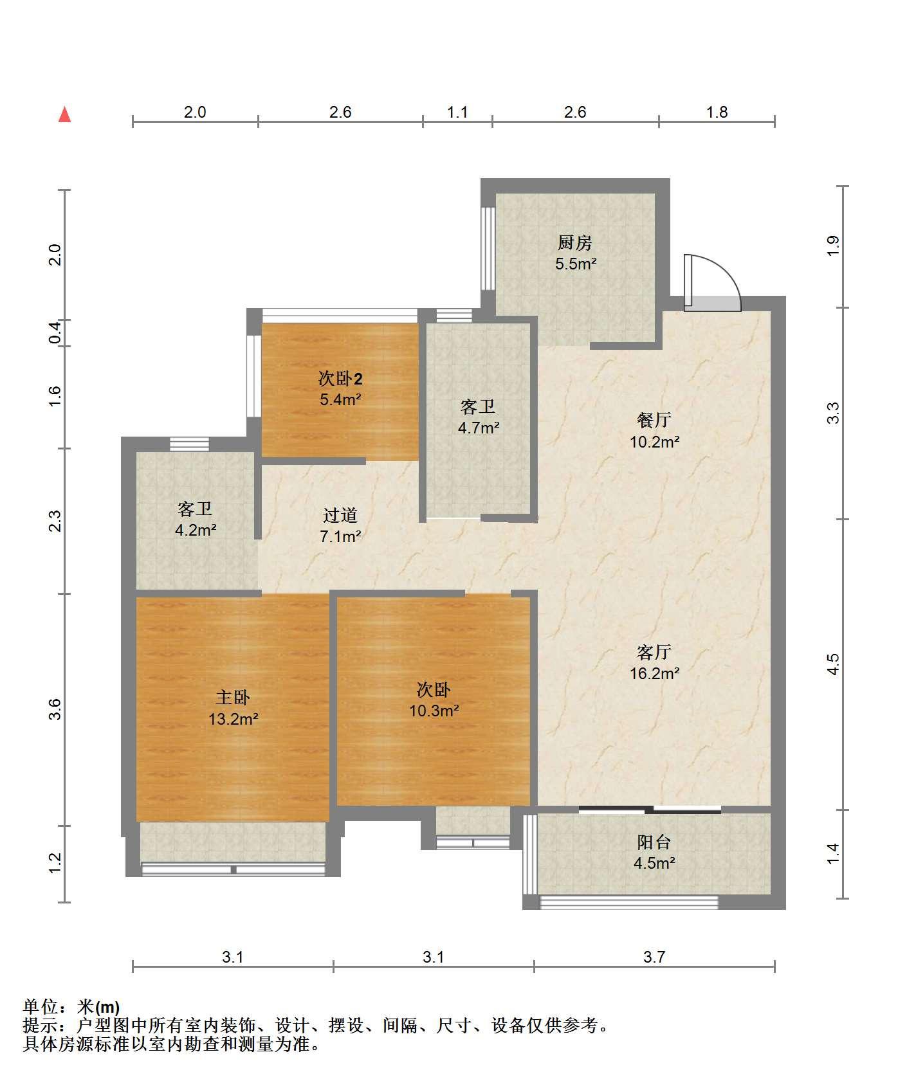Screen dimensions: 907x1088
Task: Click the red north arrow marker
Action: [x=64, y=114]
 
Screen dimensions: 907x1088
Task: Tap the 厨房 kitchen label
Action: [x=574, y=243]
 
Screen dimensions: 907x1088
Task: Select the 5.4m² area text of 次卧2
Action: [x=340, y=399]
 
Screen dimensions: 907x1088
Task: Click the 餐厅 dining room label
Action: [x=654, y=421]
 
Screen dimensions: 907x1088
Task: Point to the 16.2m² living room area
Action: [x=654, y=673]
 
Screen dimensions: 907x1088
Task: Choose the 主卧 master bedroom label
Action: [x=232, y=698]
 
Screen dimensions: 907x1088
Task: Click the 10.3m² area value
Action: [x=434, y=711]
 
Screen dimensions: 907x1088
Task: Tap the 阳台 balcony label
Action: [x=654, y=842]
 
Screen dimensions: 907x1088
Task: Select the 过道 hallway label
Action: [x=340, y=515]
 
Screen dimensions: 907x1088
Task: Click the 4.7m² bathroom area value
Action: [x=479, y=428]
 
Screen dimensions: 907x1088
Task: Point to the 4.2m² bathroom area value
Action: [x=196, y=530]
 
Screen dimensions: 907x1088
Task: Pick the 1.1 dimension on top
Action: [x=457, y=113]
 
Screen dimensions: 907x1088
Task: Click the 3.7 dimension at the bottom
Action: [x=654, y=957]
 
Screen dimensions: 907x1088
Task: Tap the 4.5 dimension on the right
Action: [x=833, y=664]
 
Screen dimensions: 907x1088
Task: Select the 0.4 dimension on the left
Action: [x=55, y=332]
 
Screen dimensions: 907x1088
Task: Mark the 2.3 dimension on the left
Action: [x=55, y=521]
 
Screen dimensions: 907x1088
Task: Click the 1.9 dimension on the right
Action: [x=833, y=246]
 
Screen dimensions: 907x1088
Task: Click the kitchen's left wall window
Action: [x=489, y=248]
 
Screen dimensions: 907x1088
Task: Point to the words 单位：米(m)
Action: [x=71, y=1007]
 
